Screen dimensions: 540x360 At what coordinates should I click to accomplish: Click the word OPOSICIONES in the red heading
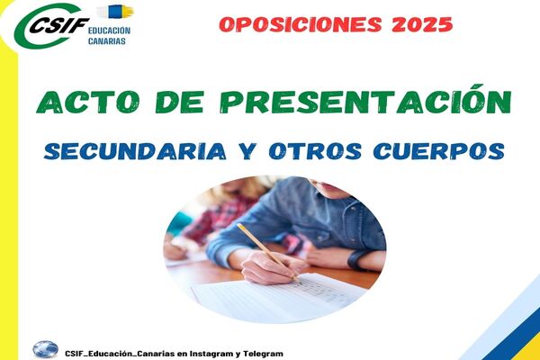301,24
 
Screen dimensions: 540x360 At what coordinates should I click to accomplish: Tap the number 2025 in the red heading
422,24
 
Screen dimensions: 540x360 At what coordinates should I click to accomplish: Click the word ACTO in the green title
88,102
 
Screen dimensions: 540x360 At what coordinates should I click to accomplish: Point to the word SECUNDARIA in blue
135,151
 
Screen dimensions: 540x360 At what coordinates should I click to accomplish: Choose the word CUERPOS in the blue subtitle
439,151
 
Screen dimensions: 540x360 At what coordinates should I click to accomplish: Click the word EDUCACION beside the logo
109,31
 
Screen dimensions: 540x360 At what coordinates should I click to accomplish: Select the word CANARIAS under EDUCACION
107,41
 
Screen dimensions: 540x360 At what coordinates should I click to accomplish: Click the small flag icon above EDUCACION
115,12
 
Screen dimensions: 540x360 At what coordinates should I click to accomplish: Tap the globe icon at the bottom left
46,349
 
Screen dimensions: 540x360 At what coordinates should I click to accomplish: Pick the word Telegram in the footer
264,354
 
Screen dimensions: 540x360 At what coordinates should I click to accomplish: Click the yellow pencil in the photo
268,253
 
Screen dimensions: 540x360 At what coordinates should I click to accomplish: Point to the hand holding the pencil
272,267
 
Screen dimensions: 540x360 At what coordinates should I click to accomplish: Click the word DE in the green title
179,102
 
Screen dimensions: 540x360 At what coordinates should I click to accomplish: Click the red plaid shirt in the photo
224,217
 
